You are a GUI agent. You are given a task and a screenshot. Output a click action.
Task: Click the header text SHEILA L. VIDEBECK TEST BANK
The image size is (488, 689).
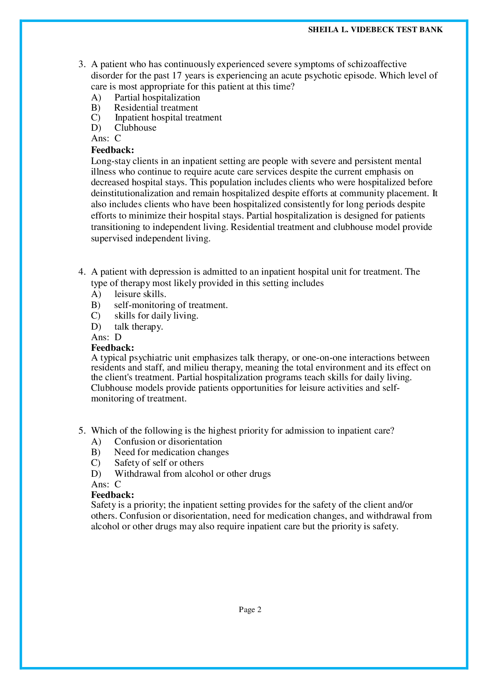tap(375, 30)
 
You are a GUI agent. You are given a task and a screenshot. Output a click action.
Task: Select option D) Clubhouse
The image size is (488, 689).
tap(135, 128)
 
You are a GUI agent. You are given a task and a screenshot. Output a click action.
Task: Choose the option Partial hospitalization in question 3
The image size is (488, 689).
tap(157, 97)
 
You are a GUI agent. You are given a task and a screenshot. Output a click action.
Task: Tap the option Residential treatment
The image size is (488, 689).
tap(156, 108)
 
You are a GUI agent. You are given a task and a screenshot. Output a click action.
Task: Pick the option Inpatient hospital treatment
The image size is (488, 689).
tap(168, 118)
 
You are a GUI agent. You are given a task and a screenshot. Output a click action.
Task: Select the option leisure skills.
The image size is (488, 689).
tap(140, 294)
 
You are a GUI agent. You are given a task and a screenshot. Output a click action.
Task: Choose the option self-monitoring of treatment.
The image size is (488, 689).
tap(171, 305)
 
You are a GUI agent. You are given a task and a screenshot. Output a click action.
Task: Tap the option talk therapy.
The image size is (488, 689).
tap(138, 326)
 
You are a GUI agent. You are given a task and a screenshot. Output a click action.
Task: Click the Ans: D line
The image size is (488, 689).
tap(106, 337)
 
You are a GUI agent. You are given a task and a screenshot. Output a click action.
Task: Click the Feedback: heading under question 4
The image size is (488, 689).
tap(113, 348)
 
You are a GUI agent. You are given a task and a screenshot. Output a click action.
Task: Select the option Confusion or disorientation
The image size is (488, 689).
tap(168, 441)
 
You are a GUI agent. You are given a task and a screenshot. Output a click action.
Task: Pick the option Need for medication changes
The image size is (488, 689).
tap(171, 452)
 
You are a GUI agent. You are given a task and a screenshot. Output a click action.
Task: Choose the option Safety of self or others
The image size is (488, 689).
tap(159, 463)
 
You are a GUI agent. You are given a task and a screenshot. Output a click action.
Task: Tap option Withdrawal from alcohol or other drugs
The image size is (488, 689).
tap(192, 474)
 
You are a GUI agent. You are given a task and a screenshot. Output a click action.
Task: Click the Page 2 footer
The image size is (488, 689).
tap(250, 609)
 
